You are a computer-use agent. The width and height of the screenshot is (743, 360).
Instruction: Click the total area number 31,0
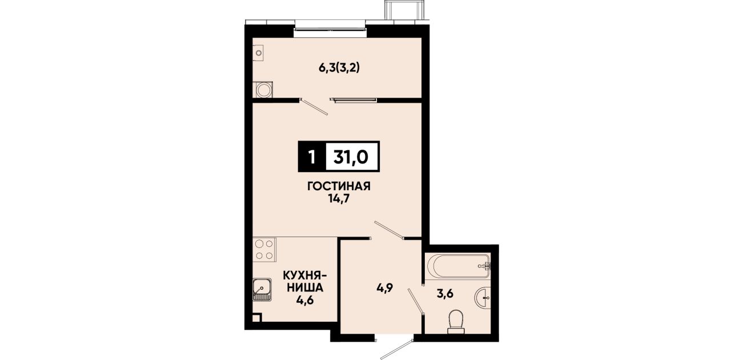351,157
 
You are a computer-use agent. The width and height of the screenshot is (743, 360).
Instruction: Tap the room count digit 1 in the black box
311,157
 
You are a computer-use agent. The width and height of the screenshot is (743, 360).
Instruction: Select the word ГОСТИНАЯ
339,186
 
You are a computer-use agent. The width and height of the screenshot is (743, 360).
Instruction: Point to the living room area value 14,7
339,199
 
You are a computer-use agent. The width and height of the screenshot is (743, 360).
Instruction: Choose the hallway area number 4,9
384,287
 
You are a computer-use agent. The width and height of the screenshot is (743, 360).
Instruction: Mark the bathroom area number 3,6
445,294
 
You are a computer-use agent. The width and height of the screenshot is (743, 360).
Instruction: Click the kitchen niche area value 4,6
305,301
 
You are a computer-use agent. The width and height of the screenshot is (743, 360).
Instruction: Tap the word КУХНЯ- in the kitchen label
305,275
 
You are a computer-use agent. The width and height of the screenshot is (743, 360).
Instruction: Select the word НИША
305,287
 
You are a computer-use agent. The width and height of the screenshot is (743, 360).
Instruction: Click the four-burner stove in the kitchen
264,250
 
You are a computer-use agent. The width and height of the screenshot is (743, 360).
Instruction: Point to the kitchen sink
262,290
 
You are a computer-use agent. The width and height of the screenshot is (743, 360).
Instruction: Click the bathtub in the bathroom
458,266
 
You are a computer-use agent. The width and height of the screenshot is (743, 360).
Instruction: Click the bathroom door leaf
416,301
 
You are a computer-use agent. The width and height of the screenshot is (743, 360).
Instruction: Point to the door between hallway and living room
389,230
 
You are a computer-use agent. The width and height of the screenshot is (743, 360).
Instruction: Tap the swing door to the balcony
314,106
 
